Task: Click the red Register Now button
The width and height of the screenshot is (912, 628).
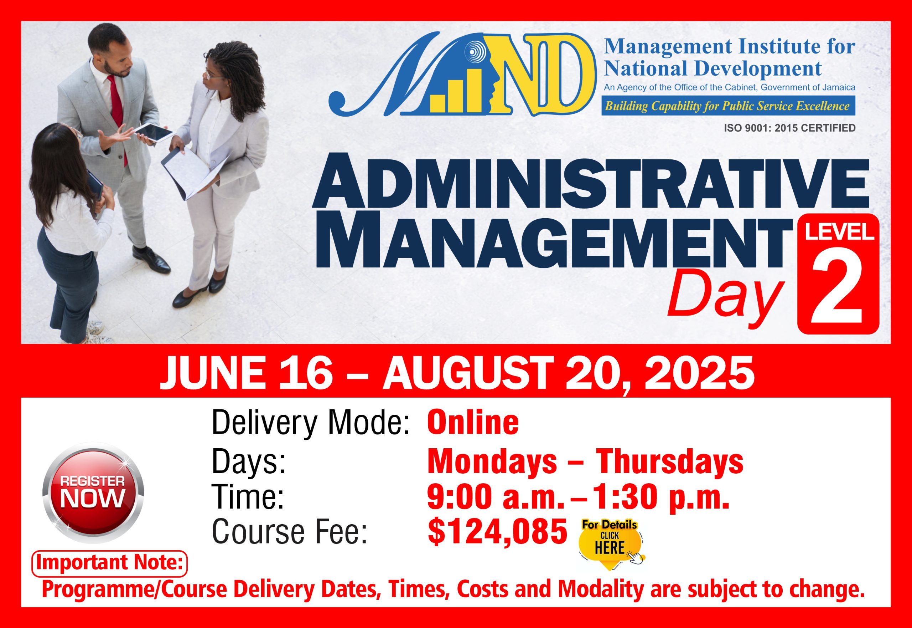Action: point(93,493)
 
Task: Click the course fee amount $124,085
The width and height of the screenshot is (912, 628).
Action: point(497,532)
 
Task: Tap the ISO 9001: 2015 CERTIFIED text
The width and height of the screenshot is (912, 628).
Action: point(790,128)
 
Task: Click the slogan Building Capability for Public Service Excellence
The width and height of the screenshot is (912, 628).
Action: point(727,106)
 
